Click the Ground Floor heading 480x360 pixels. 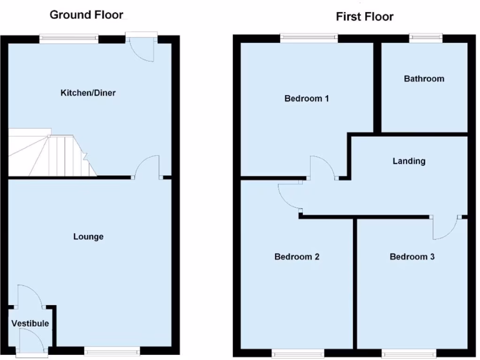tap(86, 15)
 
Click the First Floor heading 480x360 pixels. tap(365, 16)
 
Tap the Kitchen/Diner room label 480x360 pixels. tap(88, 93)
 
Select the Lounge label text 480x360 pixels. tap(89, 237)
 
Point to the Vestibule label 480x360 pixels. tap(30, 323)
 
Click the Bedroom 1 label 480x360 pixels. tap(307, 98)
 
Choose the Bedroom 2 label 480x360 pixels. tap(297, 256)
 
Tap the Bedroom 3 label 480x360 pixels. tap(412, 256)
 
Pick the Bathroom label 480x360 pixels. tap(424, 79)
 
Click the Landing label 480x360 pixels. tap(409, 161)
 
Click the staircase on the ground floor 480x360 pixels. tap(52, 152)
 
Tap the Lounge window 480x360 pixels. tap(112, 351)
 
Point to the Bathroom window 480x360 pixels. tap(426, 38)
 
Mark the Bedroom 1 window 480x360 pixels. tap(309, 38)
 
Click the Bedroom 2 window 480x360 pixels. tap(298, 353)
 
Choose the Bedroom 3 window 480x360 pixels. tap(409, 353)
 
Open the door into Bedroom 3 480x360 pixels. tap(446, 227)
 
